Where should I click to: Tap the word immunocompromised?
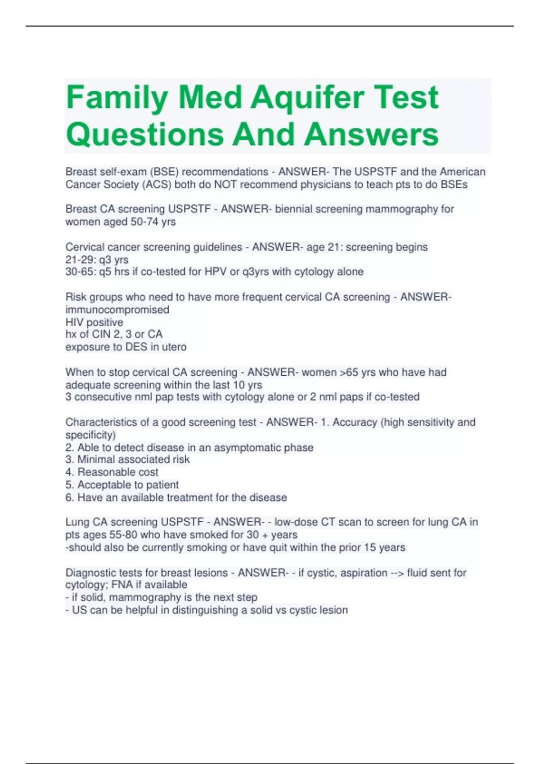117,310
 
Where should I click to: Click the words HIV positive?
94,322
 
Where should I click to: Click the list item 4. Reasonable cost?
112,472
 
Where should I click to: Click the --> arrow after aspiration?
397,573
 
